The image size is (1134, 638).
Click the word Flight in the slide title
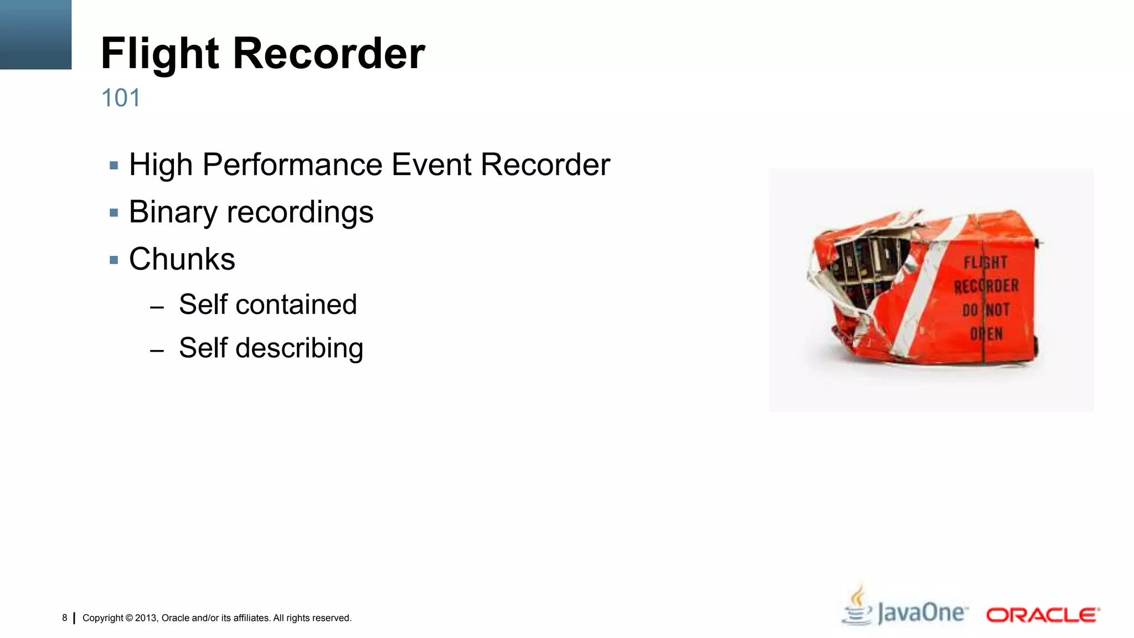click(x=160, y=54)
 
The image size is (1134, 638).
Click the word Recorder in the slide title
click(x=329, y=54)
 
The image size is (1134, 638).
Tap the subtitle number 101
click(x=121, y=98)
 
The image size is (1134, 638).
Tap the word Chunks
click(x=182, y=259)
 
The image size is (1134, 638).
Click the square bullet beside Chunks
click(x=114, y=260)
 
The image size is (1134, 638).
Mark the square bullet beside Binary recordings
click(x=114, y=213)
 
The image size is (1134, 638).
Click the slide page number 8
click(x=65, y=618)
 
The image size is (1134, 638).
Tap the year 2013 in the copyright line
click(x=146, y=618)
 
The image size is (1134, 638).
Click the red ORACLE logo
click(x=1043, y=615)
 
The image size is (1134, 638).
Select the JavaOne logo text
click(x=922, y=613)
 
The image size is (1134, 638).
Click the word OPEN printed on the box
click(x=986, y=334)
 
